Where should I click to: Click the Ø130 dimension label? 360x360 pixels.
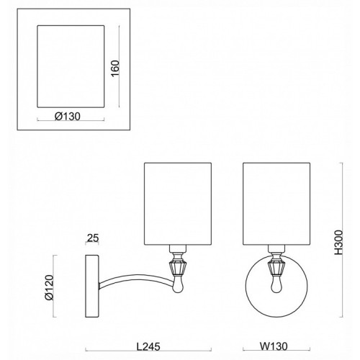click(68, 117)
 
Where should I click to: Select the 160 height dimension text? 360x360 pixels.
click(115, 68)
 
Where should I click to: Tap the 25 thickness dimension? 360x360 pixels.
click(93, 238)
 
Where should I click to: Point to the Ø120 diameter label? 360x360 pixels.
click(49, 287)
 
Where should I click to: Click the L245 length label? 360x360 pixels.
click(148, 346)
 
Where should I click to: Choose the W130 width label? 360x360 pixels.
click(274, 346)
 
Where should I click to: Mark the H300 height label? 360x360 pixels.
click(338, 243)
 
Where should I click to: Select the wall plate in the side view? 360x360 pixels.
click(92, 286)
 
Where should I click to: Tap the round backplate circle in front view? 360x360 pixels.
click(246, 286)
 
